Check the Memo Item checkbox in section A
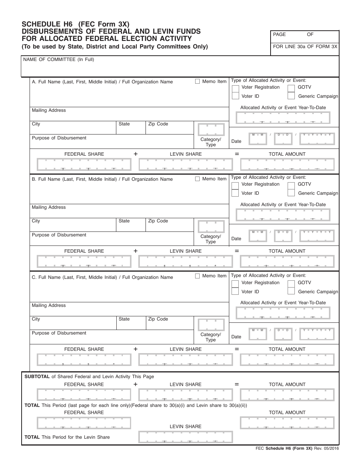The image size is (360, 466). pyautogui.click(x=197, y=81)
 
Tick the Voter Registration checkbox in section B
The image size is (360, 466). pyautogui.click(x=235, y=185)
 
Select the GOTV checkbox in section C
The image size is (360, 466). pyautogui.click(x=291, y=283)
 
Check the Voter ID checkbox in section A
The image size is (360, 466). pyautogui.click(x=235, y=97)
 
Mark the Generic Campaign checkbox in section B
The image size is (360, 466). pyautogui.click(x=291, y=193)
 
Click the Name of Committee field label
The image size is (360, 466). pyautogui.click(x=59, y=59)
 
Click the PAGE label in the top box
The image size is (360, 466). pyautogui.click(x=279, y=34)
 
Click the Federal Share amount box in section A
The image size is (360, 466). pyautogui.click(x=84, y=164)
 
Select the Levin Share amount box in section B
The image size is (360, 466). pyautogui.click(x=186, y=261)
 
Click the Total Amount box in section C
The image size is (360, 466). pyautogui.click(x=287, y=360)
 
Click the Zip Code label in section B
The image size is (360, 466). pyautogui.click(x=158, y=221)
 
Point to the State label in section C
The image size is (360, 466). pyautogui.click(x=124, y=319)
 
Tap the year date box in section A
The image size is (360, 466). pyautogui.click(x=317, y=139)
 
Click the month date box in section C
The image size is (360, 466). pyautogui.click(x=258, y=334)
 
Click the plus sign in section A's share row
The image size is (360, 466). pyautogui.click(x=135, y=154)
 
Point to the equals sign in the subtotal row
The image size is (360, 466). pyautogui.click(x=237, y=384)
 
